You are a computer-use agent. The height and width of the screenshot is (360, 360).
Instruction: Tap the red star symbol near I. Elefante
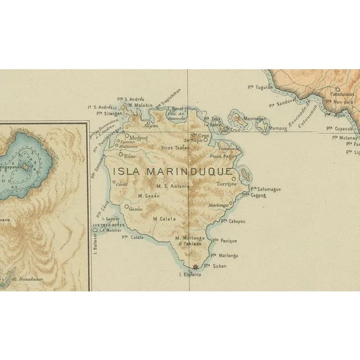tap(195, 268)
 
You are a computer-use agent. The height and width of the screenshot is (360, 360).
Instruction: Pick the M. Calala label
tap(164, 219)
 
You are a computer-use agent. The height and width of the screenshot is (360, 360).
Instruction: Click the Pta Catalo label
tap(133, 237)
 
